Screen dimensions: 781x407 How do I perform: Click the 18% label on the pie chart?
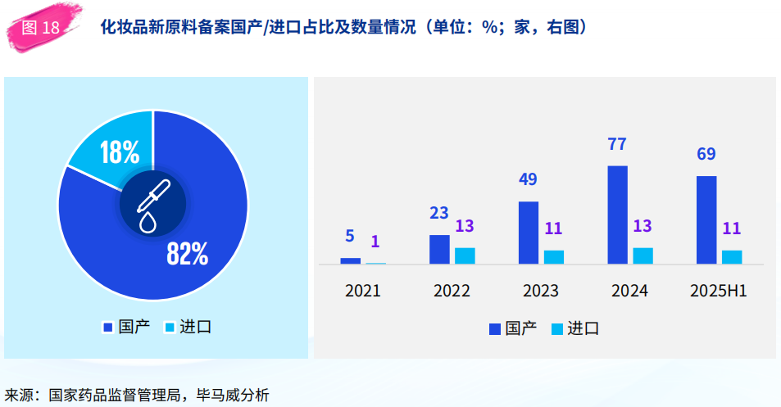pos(120,152)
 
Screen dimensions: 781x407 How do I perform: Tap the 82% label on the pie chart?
pos(188,254)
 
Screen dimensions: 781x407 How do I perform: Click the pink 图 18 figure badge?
pos(42,27)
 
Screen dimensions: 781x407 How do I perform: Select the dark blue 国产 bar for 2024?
pos(618,215)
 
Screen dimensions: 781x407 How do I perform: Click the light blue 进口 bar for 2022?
pos(465,256)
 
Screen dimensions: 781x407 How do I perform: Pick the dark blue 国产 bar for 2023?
pos(529,233)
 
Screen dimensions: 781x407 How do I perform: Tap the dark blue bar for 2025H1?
pos(706,220)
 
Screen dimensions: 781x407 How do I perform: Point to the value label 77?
pos(616,144)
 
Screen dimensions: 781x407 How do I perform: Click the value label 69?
pos(706,154)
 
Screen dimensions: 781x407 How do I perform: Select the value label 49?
pos(528,179)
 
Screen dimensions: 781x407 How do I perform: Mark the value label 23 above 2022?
pos(438,213)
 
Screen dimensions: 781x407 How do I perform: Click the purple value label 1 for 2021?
pos(375,242)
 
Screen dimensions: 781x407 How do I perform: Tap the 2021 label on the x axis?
pos(362,291)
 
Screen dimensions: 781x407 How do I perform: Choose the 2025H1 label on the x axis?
pos(719,291)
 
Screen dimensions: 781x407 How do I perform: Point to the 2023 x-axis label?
pos(540,291)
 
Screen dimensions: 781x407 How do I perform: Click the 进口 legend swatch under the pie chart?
pos(170,328)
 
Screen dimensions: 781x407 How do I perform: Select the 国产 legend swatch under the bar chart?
pos(495,329)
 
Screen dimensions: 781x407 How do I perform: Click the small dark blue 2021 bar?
pos(350,260)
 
